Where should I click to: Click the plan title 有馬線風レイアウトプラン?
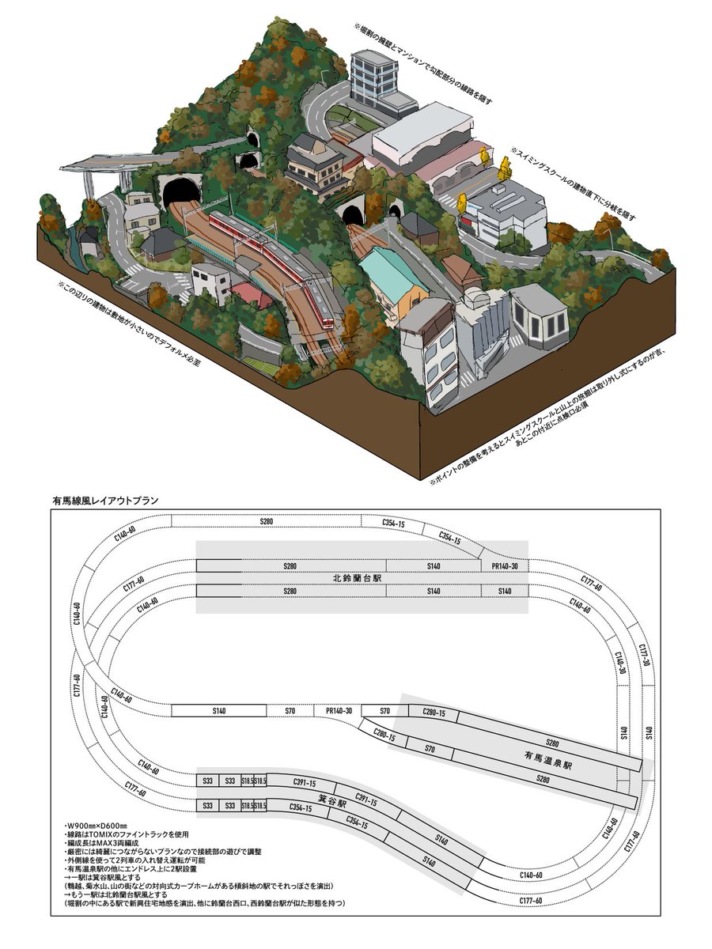pos(105,500)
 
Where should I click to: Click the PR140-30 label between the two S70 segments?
pos(339,710)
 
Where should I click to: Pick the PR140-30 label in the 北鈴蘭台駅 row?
pos(505,566)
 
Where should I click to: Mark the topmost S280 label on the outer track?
pos(267,523)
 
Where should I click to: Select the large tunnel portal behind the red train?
pos(180,191)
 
